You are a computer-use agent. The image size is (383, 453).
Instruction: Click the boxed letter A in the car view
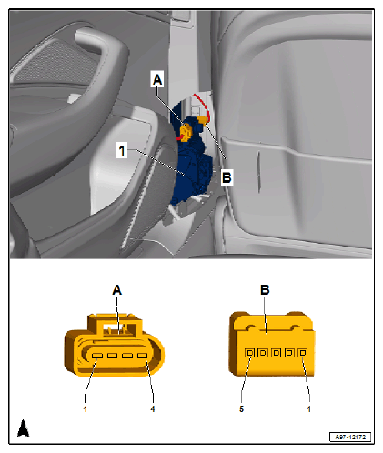pyautogui.click(x=157, y=79)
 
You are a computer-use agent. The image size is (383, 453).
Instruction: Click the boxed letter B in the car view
pyautogui.click(x=227, y=177)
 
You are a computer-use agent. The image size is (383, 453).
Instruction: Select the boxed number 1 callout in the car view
pyautogui.click(x=122, y=150)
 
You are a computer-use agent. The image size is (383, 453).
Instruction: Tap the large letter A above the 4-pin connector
pyautogui.click(x=117, y=290)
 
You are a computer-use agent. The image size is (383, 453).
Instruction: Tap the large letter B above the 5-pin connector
pyautogui.click(x=265, y=290)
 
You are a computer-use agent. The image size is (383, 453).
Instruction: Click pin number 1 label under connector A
pyautogui.click(x=86, y=409)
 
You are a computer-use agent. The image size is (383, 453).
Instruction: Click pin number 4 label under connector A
pyautogui.click(x=153, y=409)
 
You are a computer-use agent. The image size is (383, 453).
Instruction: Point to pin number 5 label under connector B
pyautogui.click(x=241, y=409)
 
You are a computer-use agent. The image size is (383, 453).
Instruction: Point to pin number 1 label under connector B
pyautogui.click(x=308, y=409)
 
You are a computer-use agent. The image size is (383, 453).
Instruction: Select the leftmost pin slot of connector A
pyautogui.click(x=97, y=356)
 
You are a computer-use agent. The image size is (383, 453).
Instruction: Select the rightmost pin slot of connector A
pyautogui.click(x=142, y=356)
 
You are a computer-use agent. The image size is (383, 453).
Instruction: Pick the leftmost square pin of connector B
pyautogui.click(x=249, y=353)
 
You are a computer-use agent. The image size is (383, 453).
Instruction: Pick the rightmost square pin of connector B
pyautogui.click(x=303, y=353)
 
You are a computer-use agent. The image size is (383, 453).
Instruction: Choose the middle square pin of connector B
pyautogui.click(x=276, y=353)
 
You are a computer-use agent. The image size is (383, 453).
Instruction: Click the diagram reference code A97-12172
pyautogui.click(x=350, y=437)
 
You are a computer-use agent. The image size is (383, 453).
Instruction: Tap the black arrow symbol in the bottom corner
pyautogui.click(x=24, y=428)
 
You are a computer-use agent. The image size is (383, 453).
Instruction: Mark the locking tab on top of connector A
pyautogui.click(x=116, y=326)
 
